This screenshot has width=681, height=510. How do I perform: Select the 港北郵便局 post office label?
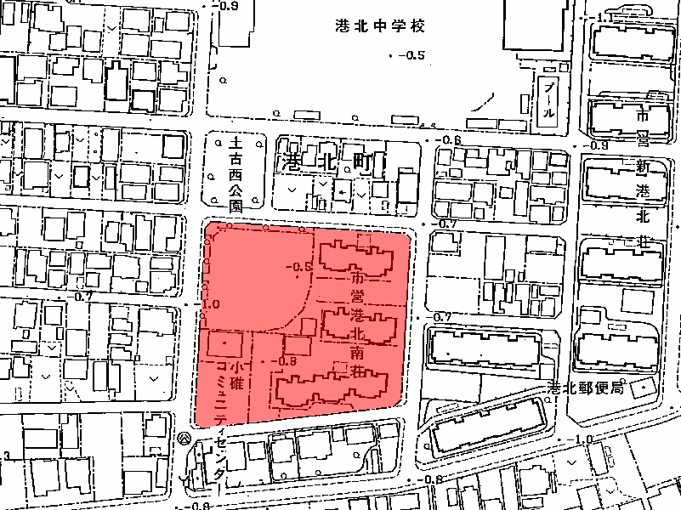pos(587,387)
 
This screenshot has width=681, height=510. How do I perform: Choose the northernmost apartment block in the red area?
pos(357,258)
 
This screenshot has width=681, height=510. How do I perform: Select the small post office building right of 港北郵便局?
pos(644,387)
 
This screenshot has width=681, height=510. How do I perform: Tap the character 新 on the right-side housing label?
pos(643,167)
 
